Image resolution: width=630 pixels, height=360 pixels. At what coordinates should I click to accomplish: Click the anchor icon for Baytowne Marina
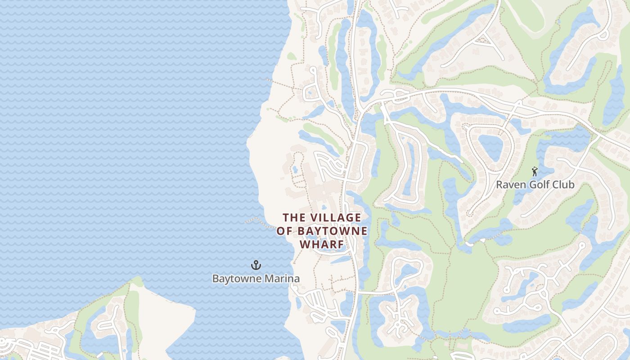pyautogui.click(x=256, y=265)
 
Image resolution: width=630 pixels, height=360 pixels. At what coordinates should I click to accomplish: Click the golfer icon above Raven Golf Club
pyautogui.click(x=535, y=171)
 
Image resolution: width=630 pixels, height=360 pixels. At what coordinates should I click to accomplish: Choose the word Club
pyautogui.click(x=562, y=184)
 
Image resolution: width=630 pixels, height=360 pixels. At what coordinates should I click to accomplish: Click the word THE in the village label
pyautogui.click(x=294, y=218)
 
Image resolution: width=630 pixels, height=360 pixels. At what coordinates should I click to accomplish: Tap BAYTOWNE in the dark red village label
pyautogui.click(x=331, y=231)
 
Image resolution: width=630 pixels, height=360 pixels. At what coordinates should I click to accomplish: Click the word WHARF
pyautogui.click(x=322, y=244)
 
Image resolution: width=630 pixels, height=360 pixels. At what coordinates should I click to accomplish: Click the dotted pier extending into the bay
pyautogui.click(x=256, y=220)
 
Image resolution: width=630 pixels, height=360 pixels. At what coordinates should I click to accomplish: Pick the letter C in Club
pyautogui.click(x=553, y=184)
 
